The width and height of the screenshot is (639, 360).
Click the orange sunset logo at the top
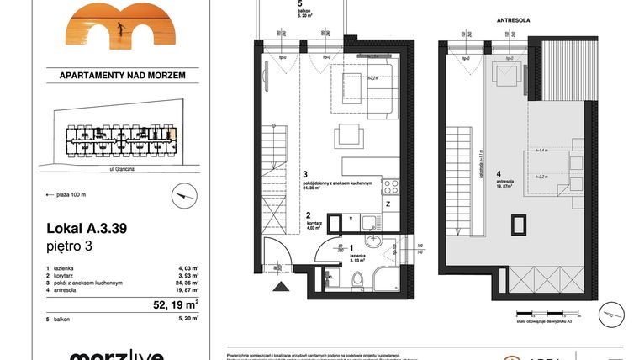(x=123, y=24)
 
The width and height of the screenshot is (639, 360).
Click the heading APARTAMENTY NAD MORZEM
(x=123, y=75)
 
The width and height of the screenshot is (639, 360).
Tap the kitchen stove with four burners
(x=390, y=186)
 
